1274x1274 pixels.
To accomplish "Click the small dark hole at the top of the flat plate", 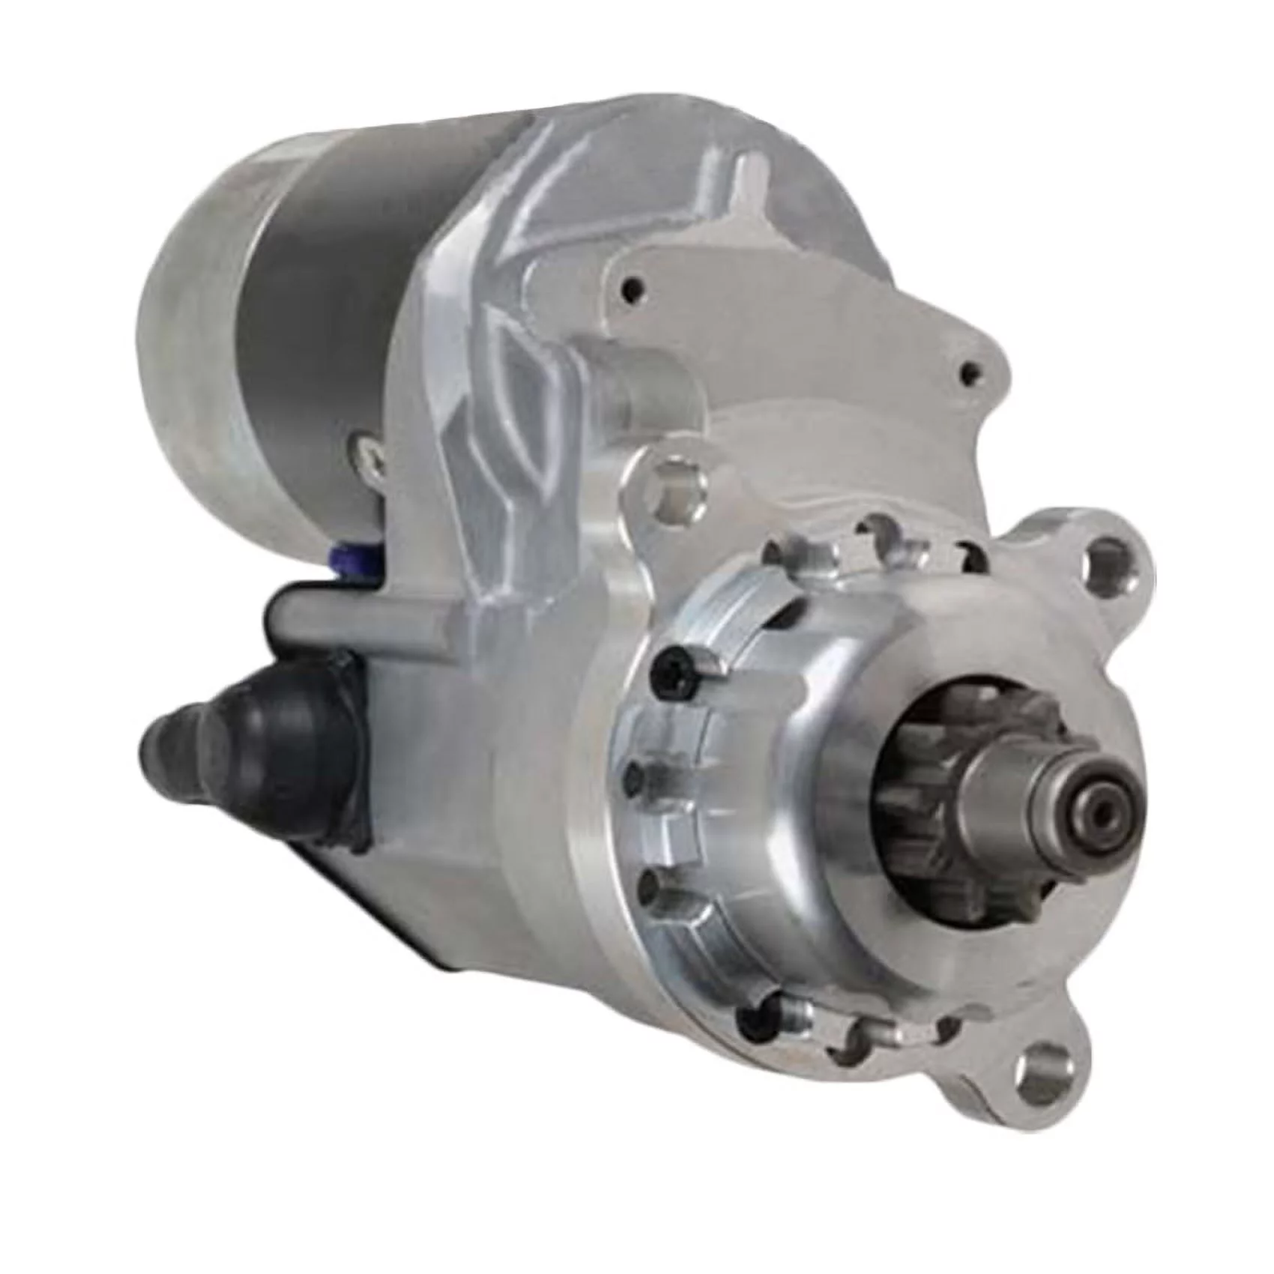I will (x=636, y=284).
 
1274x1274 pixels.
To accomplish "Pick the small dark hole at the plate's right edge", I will (x=971, y=369).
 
